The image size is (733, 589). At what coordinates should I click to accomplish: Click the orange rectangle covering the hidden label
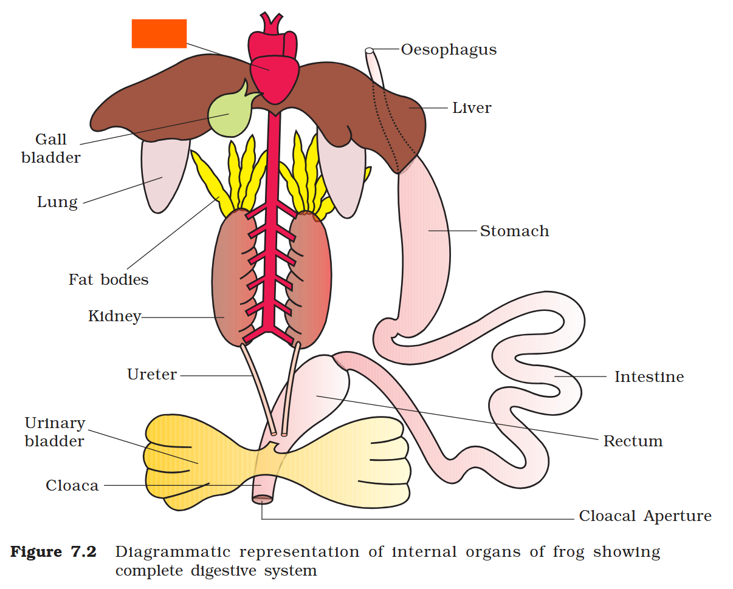click(x=159, y=33)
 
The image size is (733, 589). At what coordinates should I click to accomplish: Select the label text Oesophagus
click(x=449, y=50)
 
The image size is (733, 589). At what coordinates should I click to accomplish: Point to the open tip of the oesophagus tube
click(x=369, y=50)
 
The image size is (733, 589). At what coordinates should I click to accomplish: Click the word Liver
click(x=472, y=108)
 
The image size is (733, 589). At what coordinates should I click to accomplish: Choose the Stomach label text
click(x=514, y=231)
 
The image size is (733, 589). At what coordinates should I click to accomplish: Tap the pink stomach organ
click(x=428, y=243)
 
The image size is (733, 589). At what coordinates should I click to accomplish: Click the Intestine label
click(x=649, y=377)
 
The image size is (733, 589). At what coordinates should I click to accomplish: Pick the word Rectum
click(x=632, y=441)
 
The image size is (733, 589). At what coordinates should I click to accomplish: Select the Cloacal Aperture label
click(x=645, y=517)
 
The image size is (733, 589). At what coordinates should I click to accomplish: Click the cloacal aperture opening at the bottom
click(x=263, y=499)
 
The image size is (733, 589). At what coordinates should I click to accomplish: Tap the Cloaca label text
click(x=72, y=486)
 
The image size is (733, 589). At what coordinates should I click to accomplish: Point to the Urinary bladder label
click(x=55, y=432)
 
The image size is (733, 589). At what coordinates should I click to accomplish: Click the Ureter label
click(x=152, y=375)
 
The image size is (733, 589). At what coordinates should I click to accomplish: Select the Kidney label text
click(x=114, y=316)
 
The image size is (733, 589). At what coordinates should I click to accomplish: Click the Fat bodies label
click(x=108, y=280)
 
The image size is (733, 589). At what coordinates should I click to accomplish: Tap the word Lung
click(x=57, y=202)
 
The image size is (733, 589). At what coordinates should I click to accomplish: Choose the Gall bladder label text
click(x=51, y=149)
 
